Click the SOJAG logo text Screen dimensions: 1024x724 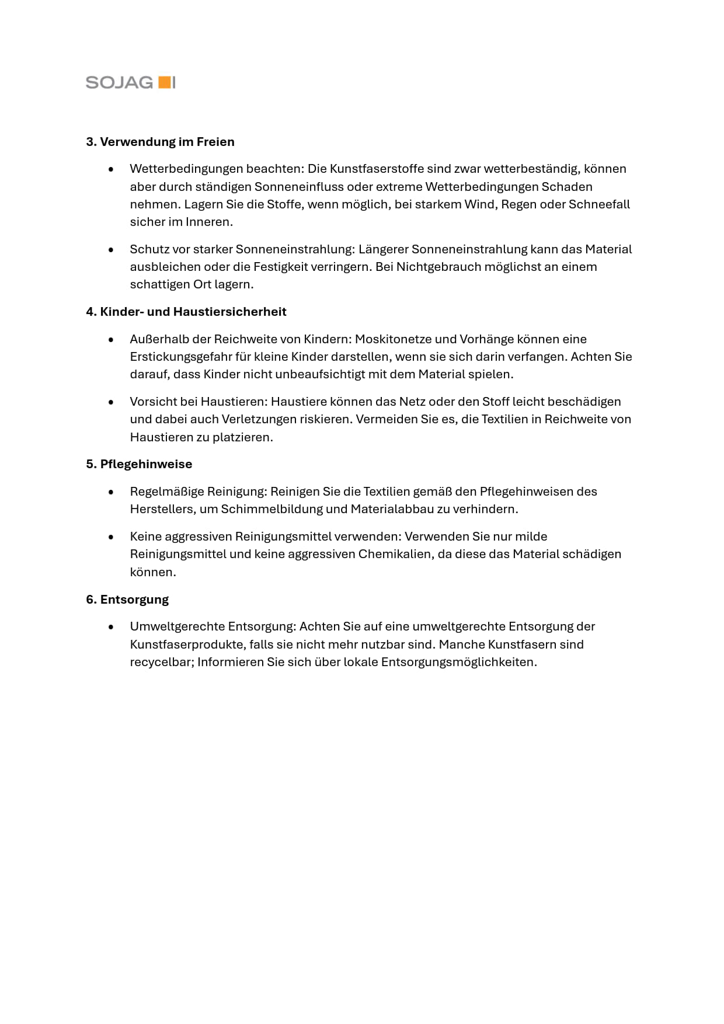[119, 82]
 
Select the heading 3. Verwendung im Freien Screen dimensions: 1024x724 [160, 142]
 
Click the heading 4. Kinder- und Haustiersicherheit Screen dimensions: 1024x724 [186, 312]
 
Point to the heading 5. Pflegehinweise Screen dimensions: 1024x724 [139, 464]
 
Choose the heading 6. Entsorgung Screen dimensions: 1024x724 [127, 600]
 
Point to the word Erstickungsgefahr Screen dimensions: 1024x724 [180, 357]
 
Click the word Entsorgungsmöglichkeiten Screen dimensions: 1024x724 [458, 662]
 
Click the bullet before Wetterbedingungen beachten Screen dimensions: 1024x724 [111, 169]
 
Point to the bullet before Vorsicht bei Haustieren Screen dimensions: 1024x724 [111, 402]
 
